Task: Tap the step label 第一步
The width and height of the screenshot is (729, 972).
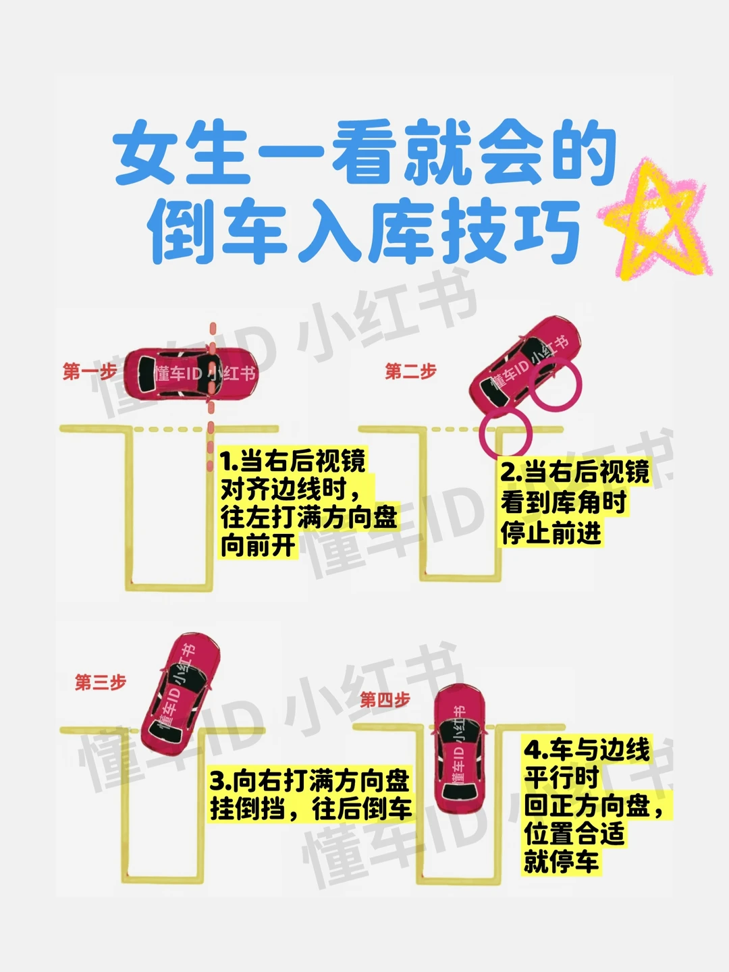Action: click(90, 371)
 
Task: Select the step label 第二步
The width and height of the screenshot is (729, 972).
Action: click(410, 371)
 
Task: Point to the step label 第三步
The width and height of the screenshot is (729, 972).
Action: click(101, 682)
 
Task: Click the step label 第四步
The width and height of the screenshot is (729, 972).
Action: click(385, 700)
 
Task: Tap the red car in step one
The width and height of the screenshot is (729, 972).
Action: click(191, 374)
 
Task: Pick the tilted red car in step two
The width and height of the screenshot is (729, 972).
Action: click(525, 363)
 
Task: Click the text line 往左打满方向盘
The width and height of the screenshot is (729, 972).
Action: click(309, 518)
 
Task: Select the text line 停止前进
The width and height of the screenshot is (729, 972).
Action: click(551, 532)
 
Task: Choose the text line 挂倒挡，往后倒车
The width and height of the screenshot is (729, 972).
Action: click(310, 808)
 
